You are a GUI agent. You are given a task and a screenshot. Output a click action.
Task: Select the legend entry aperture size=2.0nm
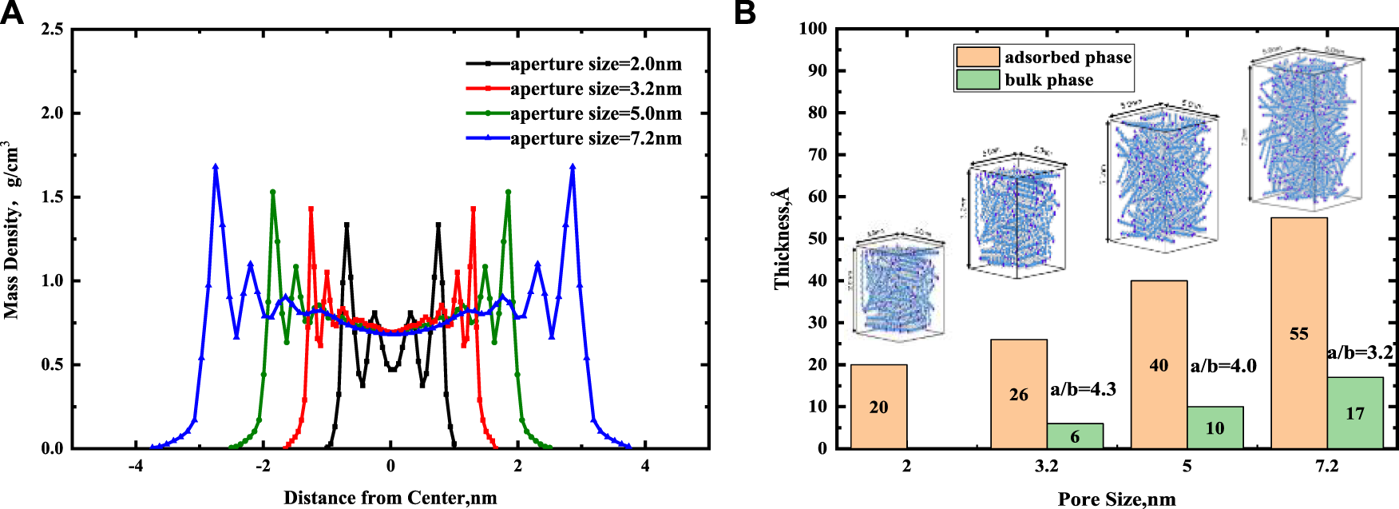[x=595, y=64]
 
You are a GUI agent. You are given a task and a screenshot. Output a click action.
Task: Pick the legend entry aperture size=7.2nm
[x=595, y=138]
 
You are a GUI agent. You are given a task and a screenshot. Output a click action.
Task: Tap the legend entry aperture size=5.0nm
[x=595, y=113]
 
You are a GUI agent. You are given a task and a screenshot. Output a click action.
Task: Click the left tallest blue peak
[x=216, y=167]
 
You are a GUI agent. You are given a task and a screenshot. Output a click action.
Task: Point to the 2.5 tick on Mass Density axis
[x=53, y=30]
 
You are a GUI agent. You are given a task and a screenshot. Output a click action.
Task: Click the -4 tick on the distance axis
[x=136, y=466]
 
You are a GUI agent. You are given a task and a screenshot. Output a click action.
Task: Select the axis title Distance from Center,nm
[x=390, y=498]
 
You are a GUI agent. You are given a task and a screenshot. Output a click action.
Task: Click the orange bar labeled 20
[x=878, y=406]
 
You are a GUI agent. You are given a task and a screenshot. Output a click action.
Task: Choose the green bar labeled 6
[x=1075, y=435]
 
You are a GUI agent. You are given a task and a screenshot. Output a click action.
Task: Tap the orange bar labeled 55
[x=1298, y=332]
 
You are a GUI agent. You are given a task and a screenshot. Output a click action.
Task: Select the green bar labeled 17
[x=1354, y=412]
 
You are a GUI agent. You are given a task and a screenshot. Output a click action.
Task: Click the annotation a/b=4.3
[x=1083, y=389]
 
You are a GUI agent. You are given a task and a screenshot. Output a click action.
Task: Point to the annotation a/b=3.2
[x=1360, y=352]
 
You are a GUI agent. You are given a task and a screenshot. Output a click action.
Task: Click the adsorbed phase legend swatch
[x=977, y=57]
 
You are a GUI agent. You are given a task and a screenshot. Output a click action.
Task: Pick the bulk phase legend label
[x=1048, y=80]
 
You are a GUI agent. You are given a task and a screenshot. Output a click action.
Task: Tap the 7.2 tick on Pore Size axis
[x=1326, y=466]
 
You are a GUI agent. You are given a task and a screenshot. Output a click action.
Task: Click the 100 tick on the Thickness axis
[x=813, y=30]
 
